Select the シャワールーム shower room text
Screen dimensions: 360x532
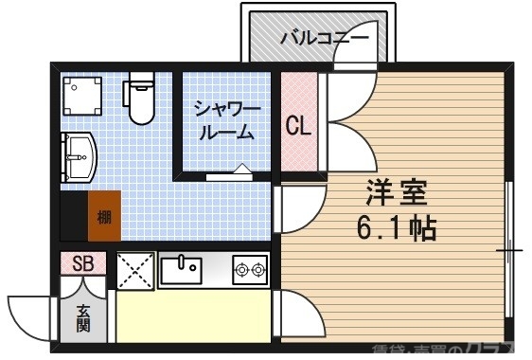(224, 119)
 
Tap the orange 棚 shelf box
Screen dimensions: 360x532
(103, 217)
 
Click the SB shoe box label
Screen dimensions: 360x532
(83, 263)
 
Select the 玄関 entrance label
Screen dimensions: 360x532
(84, 317)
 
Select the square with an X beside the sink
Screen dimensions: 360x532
(135, 271)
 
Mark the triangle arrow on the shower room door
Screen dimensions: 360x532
(240, 171)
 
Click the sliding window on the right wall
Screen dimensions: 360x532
(508, 251)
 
